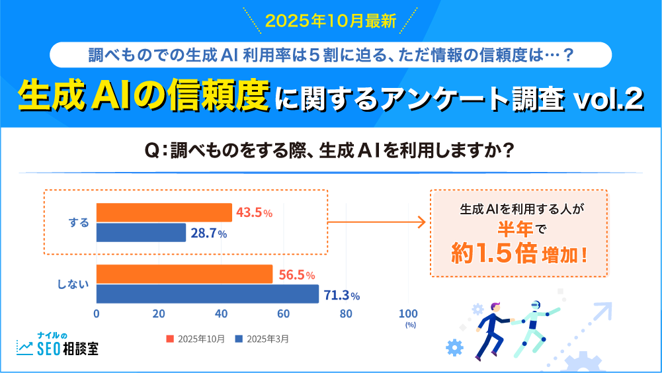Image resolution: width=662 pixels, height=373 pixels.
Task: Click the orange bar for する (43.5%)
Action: pos(164,212)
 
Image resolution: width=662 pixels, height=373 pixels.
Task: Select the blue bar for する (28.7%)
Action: pos(141,233)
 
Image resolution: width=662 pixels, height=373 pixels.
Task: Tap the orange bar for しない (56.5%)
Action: pos(185,274)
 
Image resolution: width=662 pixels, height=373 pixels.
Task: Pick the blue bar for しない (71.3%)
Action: pos(208,294)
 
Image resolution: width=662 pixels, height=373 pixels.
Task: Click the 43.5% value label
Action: pos(254,213)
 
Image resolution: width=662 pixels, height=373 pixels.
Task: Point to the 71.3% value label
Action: pos(341,295)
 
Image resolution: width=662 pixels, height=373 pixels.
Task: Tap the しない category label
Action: pos(73,284)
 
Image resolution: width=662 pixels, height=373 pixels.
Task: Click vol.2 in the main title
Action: pos(607,100)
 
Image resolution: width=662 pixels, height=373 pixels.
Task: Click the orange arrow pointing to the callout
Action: pos(377,223)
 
